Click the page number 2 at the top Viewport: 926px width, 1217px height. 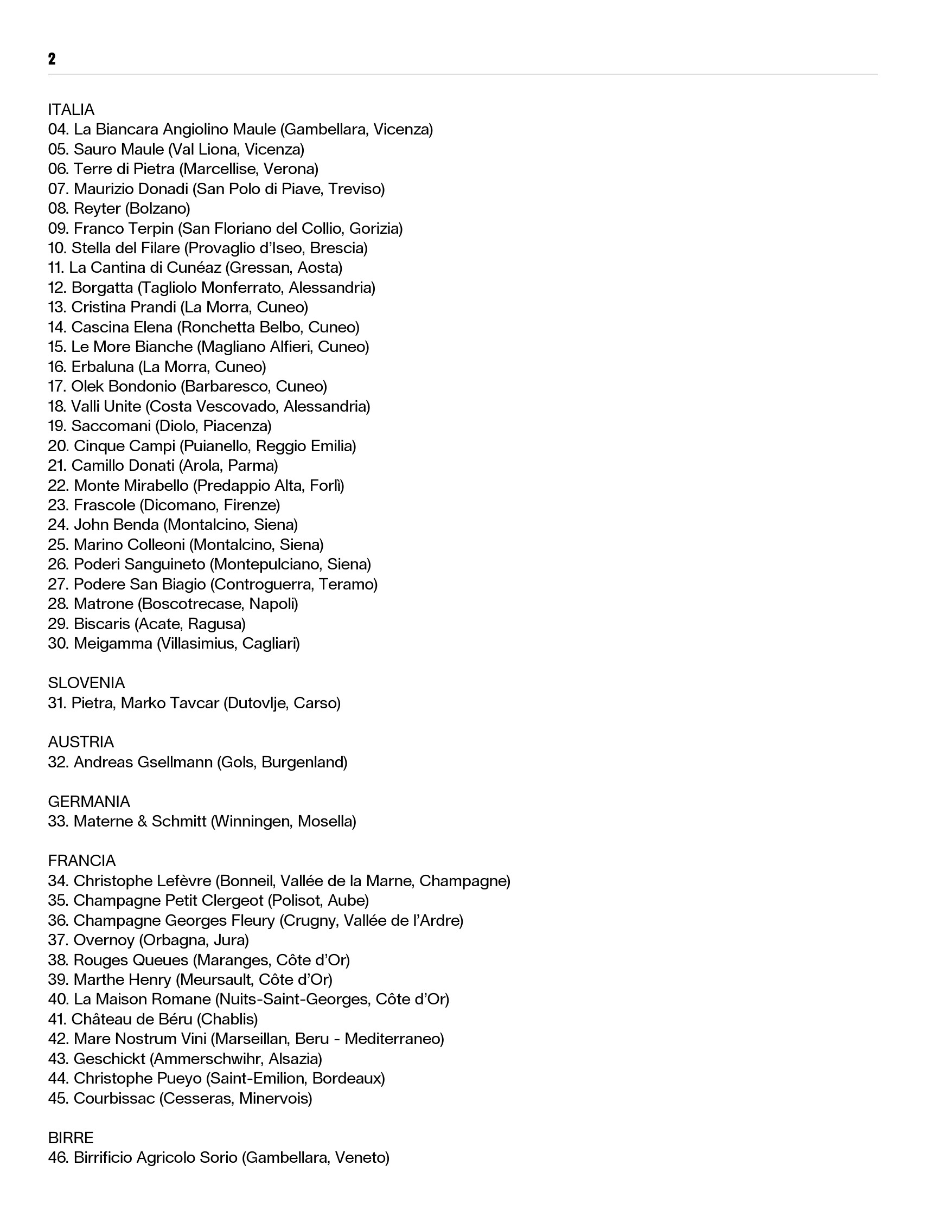tap(52, 59)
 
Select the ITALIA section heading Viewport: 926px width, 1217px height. tap(71, 110)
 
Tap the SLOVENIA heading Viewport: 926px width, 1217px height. tap(87, 683)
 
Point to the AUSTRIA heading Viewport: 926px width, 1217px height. tap(81, 742)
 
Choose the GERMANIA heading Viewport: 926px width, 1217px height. tap(89, 801)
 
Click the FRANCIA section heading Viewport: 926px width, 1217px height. tap(81, 861)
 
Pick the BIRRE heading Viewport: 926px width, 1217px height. tap(71, 1138)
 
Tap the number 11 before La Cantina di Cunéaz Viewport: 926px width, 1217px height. tap(55, 268)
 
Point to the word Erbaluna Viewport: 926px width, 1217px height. tap(103, 367)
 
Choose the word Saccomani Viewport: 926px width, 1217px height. tap(111, 426)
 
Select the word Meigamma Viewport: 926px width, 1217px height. tap(113, 644)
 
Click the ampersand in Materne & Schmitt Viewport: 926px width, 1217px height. tap(142, 822)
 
